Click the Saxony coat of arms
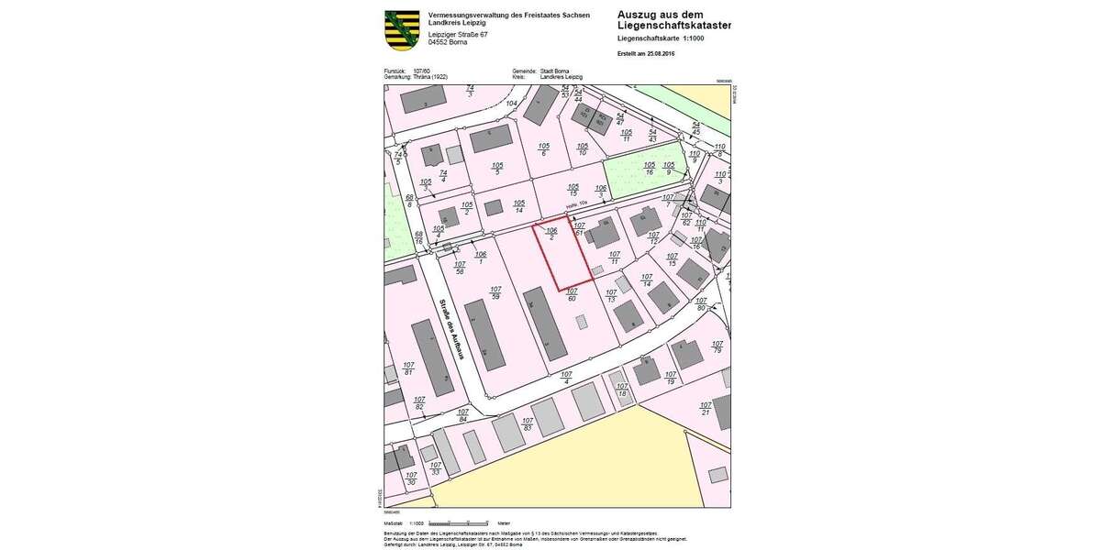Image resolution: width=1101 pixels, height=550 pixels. (x=402, y=30)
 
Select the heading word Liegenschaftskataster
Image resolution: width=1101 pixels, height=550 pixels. (x=674, y=26)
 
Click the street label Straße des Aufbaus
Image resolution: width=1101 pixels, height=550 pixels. (x=451, y=328)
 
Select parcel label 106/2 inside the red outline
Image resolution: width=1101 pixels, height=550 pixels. (x=551, y=234)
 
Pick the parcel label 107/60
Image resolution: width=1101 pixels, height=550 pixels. (x=572, y=294)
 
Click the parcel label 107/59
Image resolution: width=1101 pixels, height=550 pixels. (x=495, y=293)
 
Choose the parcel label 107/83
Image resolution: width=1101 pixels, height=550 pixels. (x=528, y=424)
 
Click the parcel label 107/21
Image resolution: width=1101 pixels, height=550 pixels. (x=705, y=408)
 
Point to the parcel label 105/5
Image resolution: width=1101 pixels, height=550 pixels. (x=497, y=168)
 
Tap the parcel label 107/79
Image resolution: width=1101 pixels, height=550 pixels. (x=717, y=347)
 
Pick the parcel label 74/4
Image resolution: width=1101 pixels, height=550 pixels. (x=443, y=176)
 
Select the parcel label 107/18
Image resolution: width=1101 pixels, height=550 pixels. (x=622, y=390)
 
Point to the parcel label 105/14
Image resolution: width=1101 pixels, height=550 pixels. (x=519, y=207)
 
